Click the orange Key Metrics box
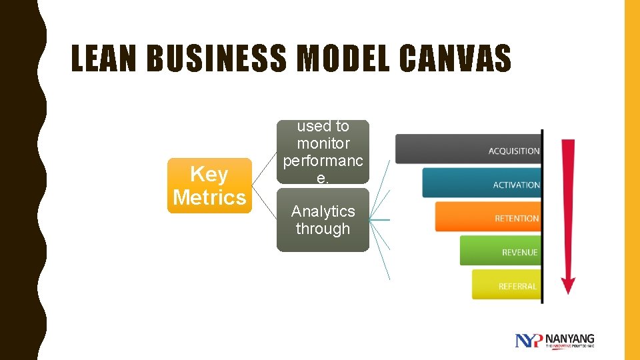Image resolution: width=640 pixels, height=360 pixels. [x=209, y=186]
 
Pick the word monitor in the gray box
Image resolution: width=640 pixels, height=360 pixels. [x=323, y=143]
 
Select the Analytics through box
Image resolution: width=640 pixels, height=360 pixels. [x=323, y=220]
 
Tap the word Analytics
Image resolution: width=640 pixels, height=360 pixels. [x=323, y=211]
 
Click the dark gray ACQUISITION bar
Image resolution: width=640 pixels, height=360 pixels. [x=467, y=149]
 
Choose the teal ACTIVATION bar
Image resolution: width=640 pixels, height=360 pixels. [x=481, y=183]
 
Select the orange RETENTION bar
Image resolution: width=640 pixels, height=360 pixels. [x=487, y=217]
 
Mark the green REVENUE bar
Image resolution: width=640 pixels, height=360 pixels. [x=499, y=251]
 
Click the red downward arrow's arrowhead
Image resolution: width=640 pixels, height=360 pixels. [x=568, y=285]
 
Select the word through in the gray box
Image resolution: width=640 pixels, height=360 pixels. [x=323, y=229]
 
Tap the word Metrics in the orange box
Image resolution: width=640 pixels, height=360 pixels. [x=209, y=197]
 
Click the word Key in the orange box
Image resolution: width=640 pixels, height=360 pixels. [x=209, y=175]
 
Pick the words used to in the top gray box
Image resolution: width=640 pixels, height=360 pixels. [x=323, y=126]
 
